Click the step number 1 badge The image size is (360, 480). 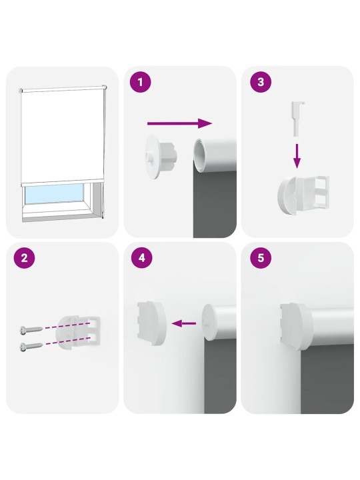pos(141,82)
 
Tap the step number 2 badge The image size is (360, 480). pos(24,258)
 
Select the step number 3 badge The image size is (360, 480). pos(261,82)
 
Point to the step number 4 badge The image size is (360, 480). pos(142,258)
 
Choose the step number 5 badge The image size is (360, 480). pos(261,258)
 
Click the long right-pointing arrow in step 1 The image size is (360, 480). pos(180,123)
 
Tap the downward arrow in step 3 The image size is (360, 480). pos(297,156)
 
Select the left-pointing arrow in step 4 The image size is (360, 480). pos(184,323)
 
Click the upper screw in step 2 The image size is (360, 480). pos(31,330)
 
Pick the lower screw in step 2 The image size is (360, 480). pos(31,347)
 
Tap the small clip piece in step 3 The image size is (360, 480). pos(297,119)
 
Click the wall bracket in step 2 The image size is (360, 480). pos(79,331)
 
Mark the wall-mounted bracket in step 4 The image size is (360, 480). pos(151,323)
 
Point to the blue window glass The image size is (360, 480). pos(54,194)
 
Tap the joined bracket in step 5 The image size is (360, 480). pos(296,326)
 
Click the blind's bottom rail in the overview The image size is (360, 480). pos(62,183)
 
